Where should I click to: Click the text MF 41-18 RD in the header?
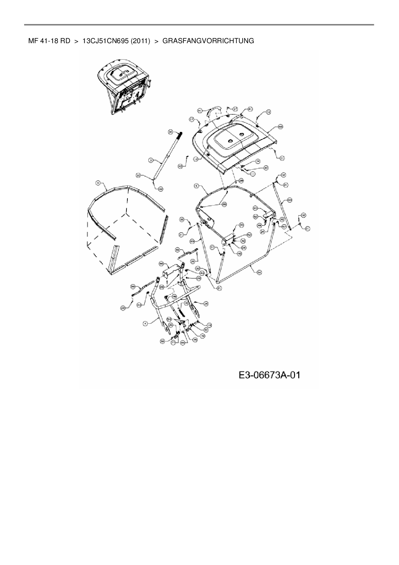(49, 41)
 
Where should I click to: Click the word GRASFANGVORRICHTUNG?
(208, 41)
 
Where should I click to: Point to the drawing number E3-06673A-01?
(269, 375)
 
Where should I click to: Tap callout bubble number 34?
(171, 131)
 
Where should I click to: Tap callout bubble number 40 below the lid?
(266, 168)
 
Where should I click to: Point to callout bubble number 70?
(203, 335)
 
